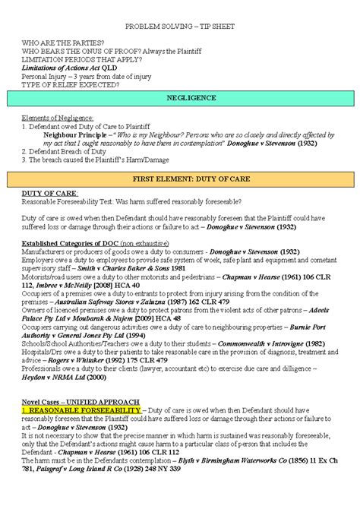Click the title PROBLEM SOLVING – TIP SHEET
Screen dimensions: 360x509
point(180,26)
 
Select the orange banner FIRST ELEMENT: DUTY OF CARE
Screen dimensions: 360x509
point(180,179)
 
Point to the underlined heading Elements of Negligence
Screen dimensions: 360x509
point(58,119)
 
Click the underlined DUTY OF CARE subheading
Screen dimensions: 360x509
point(46,193)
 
